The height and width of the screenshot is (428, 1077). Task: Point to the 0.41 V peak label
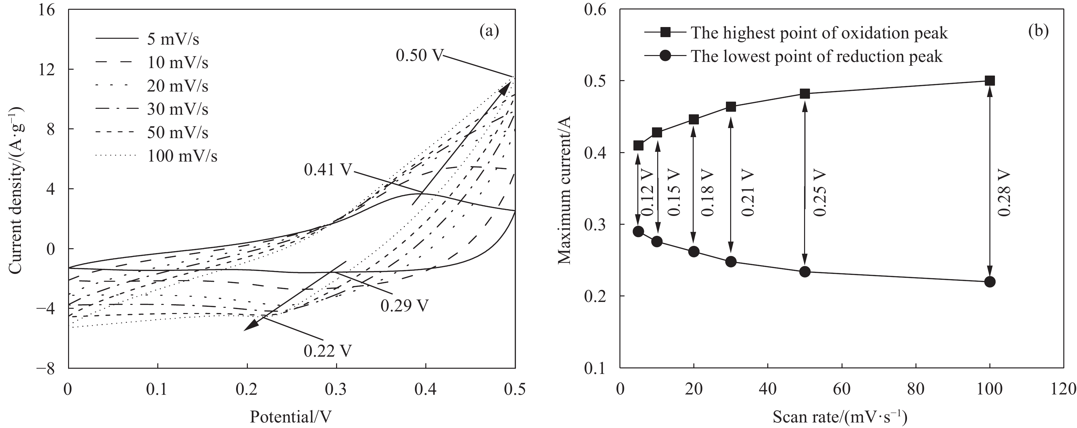[x=327, y=170]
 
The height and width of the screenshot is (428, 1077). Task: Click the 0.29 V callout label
[x=404, y=306]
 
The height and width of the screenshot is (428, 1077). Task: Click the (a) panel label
[x=489, y=31]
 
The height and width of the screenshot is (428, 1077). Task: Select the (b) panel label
[x=1038, y=31]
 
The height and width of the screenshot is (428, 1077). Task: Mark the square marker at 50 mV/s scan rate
[x=805, y=93]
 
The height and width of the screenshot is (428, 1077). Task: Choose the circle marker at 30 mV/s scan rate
[x=731, y=262]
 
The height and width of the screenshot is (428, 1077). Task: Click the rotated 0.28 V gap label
[x=1004, y=193]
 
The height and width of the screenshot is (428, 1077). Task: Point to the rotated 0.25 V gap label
[x=819, y=193]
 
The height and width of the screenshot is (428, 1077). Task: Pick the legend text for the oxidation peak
[x=819, y=33]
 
